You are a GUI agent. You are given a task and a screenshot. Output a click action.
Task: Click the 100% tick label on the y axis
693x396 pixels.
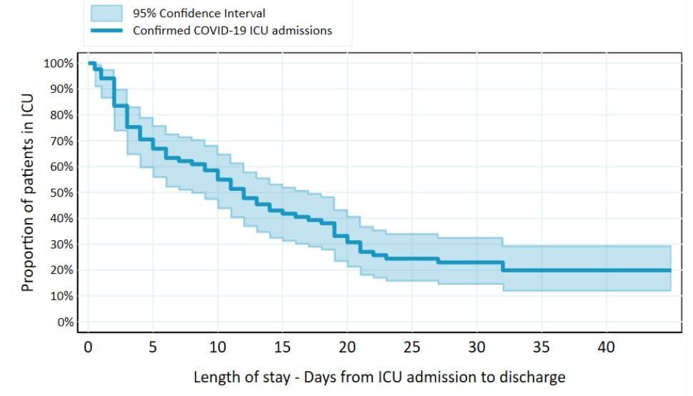point(59,64)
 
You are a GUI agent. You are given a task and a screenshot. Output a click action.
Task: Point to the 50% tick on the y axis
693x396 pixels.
point(61,193)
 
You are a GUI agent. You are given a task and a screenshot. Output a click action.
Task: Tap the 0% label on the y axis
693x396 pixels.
point(65,322)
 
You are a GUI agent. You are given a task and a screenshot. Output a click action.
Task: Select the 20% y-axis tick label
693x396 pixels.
point(61,270)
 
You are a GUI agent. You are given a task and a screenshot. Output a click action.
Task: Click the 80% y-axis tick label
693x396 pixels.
point(61,115)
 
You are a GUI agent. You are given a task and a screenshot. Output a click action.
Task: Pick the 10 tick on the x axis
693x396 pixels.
point(217,347)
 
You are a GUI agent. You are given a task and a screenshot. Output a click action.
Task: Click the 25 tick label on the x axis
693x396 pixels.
point(412,347)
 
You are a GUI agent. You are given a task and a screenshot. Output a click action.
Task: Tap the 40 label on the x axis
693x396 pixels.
point(607,347)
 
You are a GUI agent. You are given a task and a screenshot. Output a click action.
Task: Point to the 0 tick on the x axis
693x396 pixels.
point(88,347)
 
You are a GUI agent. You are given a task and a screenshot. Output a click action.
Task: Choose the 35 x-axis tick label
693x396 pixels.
point(542,347)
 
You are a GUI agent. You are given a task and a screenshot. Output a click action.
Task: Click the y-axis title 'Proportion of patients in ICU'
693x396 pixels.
point(28,193)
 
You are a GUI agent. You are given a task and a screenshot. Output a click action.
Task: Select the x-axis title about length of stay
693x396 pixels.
point(379,377)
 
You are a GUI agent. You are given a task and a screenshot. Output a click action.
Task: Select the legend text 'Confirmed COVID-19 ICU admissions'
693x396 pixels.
point(232,31)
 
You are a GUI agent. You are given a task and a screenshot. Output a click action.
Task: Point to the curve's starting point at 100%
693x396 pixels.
point(89,64)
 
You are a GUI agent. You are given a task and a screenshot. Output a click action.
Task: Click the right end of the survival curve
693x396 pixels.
point(670,270)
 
